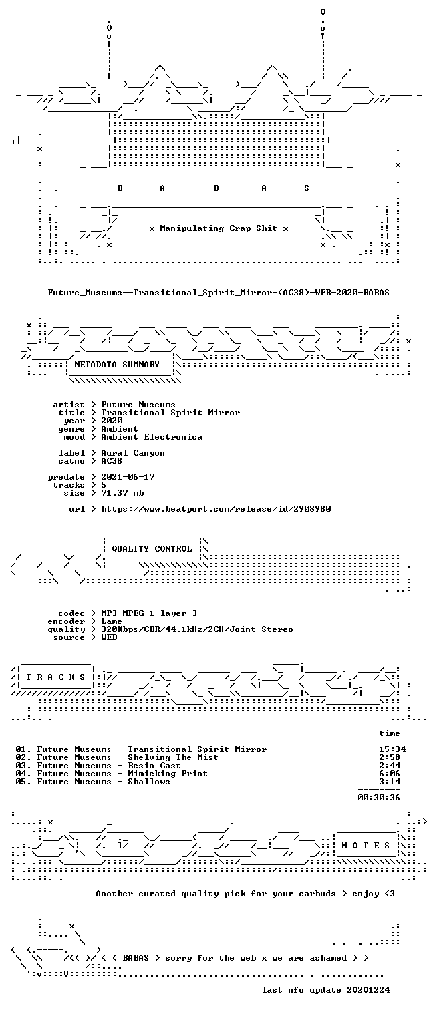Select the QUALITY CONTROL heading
click(152, 548)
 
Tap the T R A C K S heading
click(55, 677)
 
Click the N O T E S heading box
click(366, 845)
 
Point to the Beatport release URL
click(216, 509)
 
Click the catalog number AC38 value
click(112, 461)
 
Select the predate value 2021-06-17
click(128, 477)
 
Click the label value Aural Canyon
click(133, 453)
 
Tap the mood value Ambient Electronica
click(152, 437)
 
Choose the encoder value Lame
click(112, 621)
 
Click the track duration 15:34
click(392, 749)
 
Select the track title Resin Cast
click(154, 766)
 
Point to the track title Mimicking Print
click(167, 774)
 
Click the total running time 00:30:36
click(379, 797)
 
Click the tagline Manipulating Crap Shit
click(219, 228)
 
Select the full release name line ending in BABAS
click(219, 293)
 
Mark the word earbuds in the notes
click(317, 894)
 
